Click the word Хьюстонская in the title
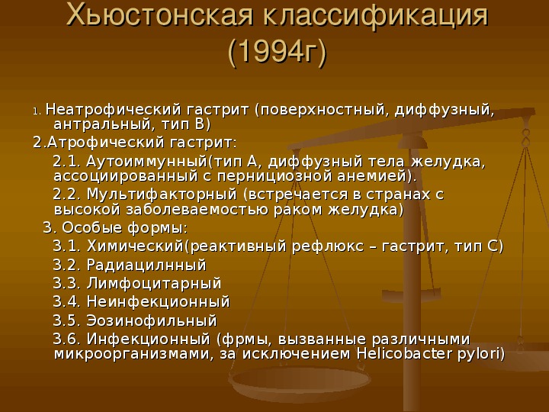pyautogui.click(x=159, y=15)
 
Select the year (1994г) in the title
pyautogui.click(x=277, y=53)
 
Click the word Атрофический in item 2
pyautogui.click(x=106, y=142)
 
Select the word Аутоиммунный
pyautogui.click(x=147, y=162)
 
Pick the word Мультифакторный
pyautogui.click(x=162, y=194)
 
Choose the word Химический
pyautogui.click(x=135, y=246)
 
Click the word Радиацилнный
pyautogui.click(x=146, y=265)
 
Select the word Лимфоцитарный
pyautogui.click(x=154, y=283)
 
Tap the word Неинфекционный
pyautogui.click(x=159, y=301)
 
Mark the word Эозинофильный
pyautogui.click(x=152, y=320)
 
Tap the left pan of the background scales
pyautogui.click(x=300, y=382)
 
